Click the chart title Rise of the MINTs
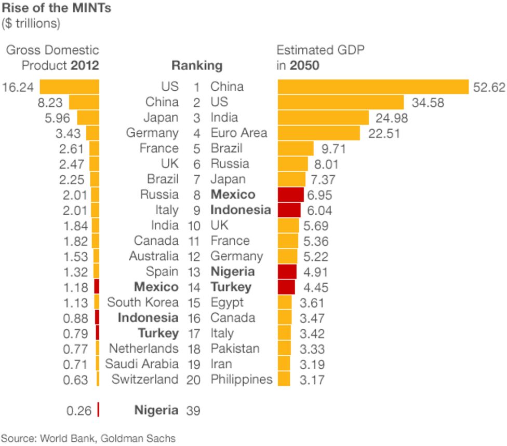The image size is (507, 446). tap(57, 8)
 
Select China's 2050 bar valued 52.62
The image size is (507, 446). tap(373, 87)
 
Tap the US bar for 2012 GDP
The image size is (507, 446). tap(69, 87)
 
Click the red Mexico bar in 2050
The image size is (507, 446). tap(290, 195)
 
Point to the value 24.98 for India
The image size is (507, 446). tap(390, 118)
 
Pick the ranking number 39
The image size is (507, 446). tap(193, 411)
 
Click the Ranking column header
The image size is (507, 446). tap(197, 66)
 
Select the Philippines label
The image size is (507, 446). tap(241, 380)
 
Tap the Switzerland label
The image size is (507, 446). tap(145, 380)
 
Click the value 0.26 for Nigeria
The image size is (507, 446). tap(79, 411)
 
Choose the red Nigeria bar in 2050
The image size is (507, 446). tap(287, 272)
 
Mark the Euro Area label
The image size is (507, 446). tap(238, 133)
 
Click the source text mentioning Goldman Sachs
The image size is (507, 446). tap(88, 438)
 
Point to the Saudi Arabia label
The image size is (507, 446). tap(142, 364)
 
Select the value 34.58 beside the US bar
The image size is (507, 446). tap(428, 103)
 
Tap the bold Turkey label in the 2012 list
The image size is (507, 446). tap(158, 333)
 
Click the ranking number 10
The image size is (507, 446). tap(193, 226)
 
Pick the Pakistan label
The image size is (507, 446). tap(235, 349)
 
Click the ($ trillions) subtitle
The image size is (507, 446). tap(31, 23)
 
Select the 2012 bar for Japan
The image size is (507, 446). tap(88, 118)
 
